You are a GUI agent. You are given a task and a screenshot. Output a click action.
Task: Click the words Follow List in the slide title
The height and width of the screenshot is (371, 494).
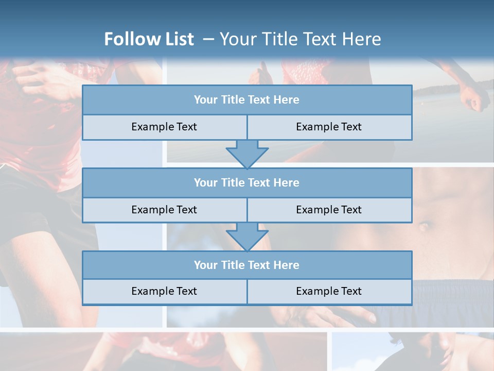pos(149,39)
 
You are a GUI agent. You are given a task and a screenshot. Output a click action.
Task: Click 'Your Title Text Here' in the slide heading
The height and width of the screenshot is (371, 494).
pos(300,39)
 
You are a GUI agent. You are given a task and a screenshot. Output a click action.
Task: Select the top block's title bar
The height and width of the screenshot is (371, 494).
pos(247,100)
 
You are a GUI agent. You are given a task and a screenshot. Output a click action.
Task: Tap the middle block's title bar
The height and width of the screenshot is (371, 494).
pos(247,182)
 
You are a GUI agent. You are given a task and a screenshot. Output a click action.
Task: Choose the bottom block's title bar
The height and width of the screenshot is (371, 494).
pos(247,265)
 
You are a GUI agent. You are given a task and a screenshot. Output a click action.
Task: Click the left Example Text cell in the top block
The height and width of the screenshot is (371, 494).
pos(164,127)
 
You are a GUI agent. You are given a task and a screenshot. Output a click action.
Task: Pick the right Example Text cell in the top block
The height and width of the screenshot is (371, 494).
pos(329,127)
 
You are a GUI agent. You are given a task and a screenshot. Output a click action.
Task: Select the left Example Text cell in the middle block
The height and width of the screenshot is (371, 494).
pos(164,210)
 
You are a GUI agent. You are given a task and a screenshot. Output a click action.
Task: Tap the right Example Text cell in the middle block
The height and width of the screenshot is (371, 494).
pos(329,210)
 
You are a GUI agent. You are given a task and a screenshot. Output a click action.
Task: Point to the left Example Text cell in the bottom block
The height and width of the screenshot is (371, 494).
pos(164,291)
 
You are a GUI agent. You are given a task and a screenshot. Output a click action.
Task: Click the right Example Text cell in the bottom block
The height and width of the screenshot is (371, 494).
pos(329,291)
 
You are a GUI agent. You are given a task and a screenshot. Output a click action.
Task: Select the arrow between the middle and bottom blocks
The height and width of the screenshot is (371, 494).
pos(247,237)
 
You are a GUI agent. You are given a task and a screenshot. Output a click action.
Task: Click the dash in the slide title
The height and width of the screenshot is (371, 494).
pos(208,39)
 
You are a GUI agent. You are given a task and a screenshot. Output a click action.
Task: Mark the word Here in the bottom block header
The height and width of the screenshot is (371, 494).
pos(287,265)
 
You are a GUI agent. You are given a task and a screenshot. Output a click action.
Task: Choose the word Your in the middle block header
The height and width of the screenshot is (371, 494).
pos(206,182)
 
